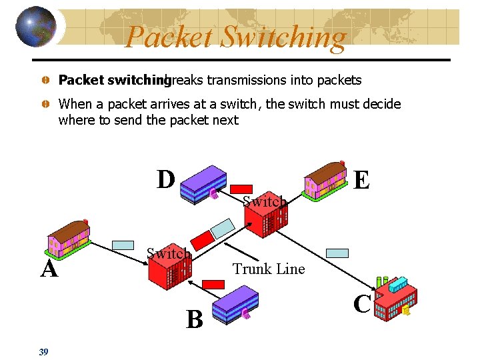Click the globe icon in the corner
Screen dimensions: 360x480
coord(34,26)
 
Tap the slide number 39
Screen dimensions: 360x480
coord(43,352)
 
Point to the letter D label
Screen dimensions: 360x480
coord(166,180)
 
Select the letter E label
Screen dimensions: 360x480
coord(361,180)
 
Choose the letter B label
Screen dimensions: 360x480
coord(194,320)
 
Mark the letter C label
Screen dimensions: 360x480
coord(362,304)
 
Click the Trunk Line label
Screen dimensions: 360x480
coord(269,269)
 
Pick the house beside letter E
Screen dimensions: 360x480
coord(325,179)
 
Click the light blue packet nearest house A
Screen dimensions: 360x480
coord(123,245)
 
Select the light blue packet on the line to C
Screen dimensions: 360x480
coord(337,253)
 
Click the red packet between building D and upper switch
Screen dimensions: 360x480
coord(242,189)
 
